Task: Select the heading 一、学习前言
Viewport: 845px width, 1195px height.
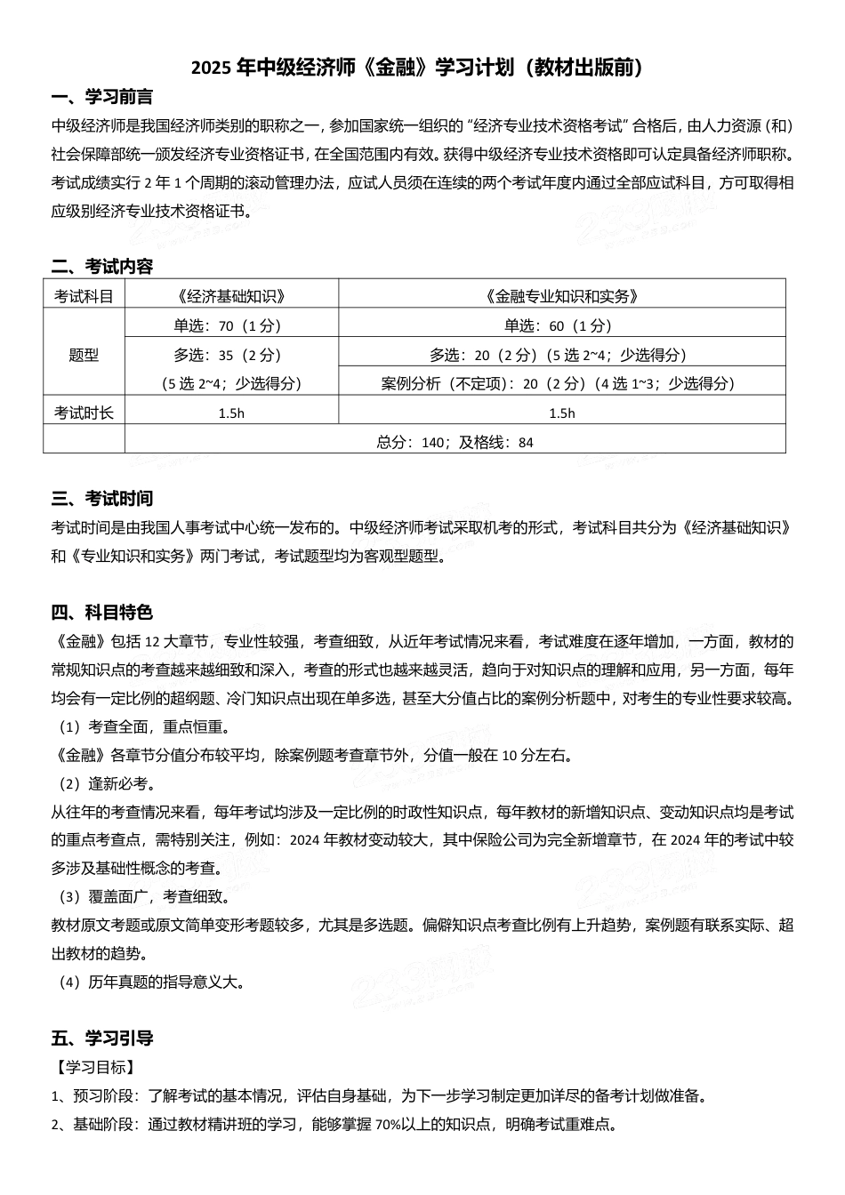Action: (x=102, y=98)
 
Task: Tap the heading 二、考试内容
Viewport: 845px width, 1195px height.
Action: (x=102, y=266)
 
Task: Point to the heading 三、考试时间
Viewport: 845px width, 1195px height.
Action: (x=102, y=498)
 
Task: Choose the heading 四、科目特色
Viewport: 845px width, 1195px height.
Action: (x=102, y=612)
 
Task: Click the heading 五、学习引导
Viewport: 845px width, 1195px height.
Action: (x=102, y=1038)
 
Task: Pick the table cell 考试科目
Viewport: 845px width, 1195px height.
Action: (x=84, y=296)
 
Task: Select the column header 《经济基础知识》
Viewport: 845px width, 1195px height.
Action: (x=231, y=296)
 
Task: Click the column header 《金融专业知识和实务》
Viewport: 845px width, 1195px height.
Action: (x=562, y=296)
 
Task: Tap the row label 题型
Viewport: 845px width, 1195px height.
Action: (x=84, y=355)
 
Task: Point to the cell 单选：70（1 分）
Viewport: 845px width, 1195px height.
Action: (x=231, y=325)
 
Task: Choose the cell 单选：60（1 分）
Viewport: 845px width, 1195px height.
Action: (x=562, y=325)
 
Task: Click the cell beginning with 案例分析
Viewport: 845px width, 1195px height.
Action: (x=562, y=383)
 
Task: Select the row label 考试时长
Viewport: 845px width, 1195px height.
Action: (x=84, y=413)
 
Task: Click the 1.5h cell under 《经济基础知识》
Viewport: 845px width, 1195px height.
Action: (x=231, y=413)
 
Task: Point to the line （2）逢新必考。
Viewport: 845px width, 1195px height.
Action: (x=106, y=783)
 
